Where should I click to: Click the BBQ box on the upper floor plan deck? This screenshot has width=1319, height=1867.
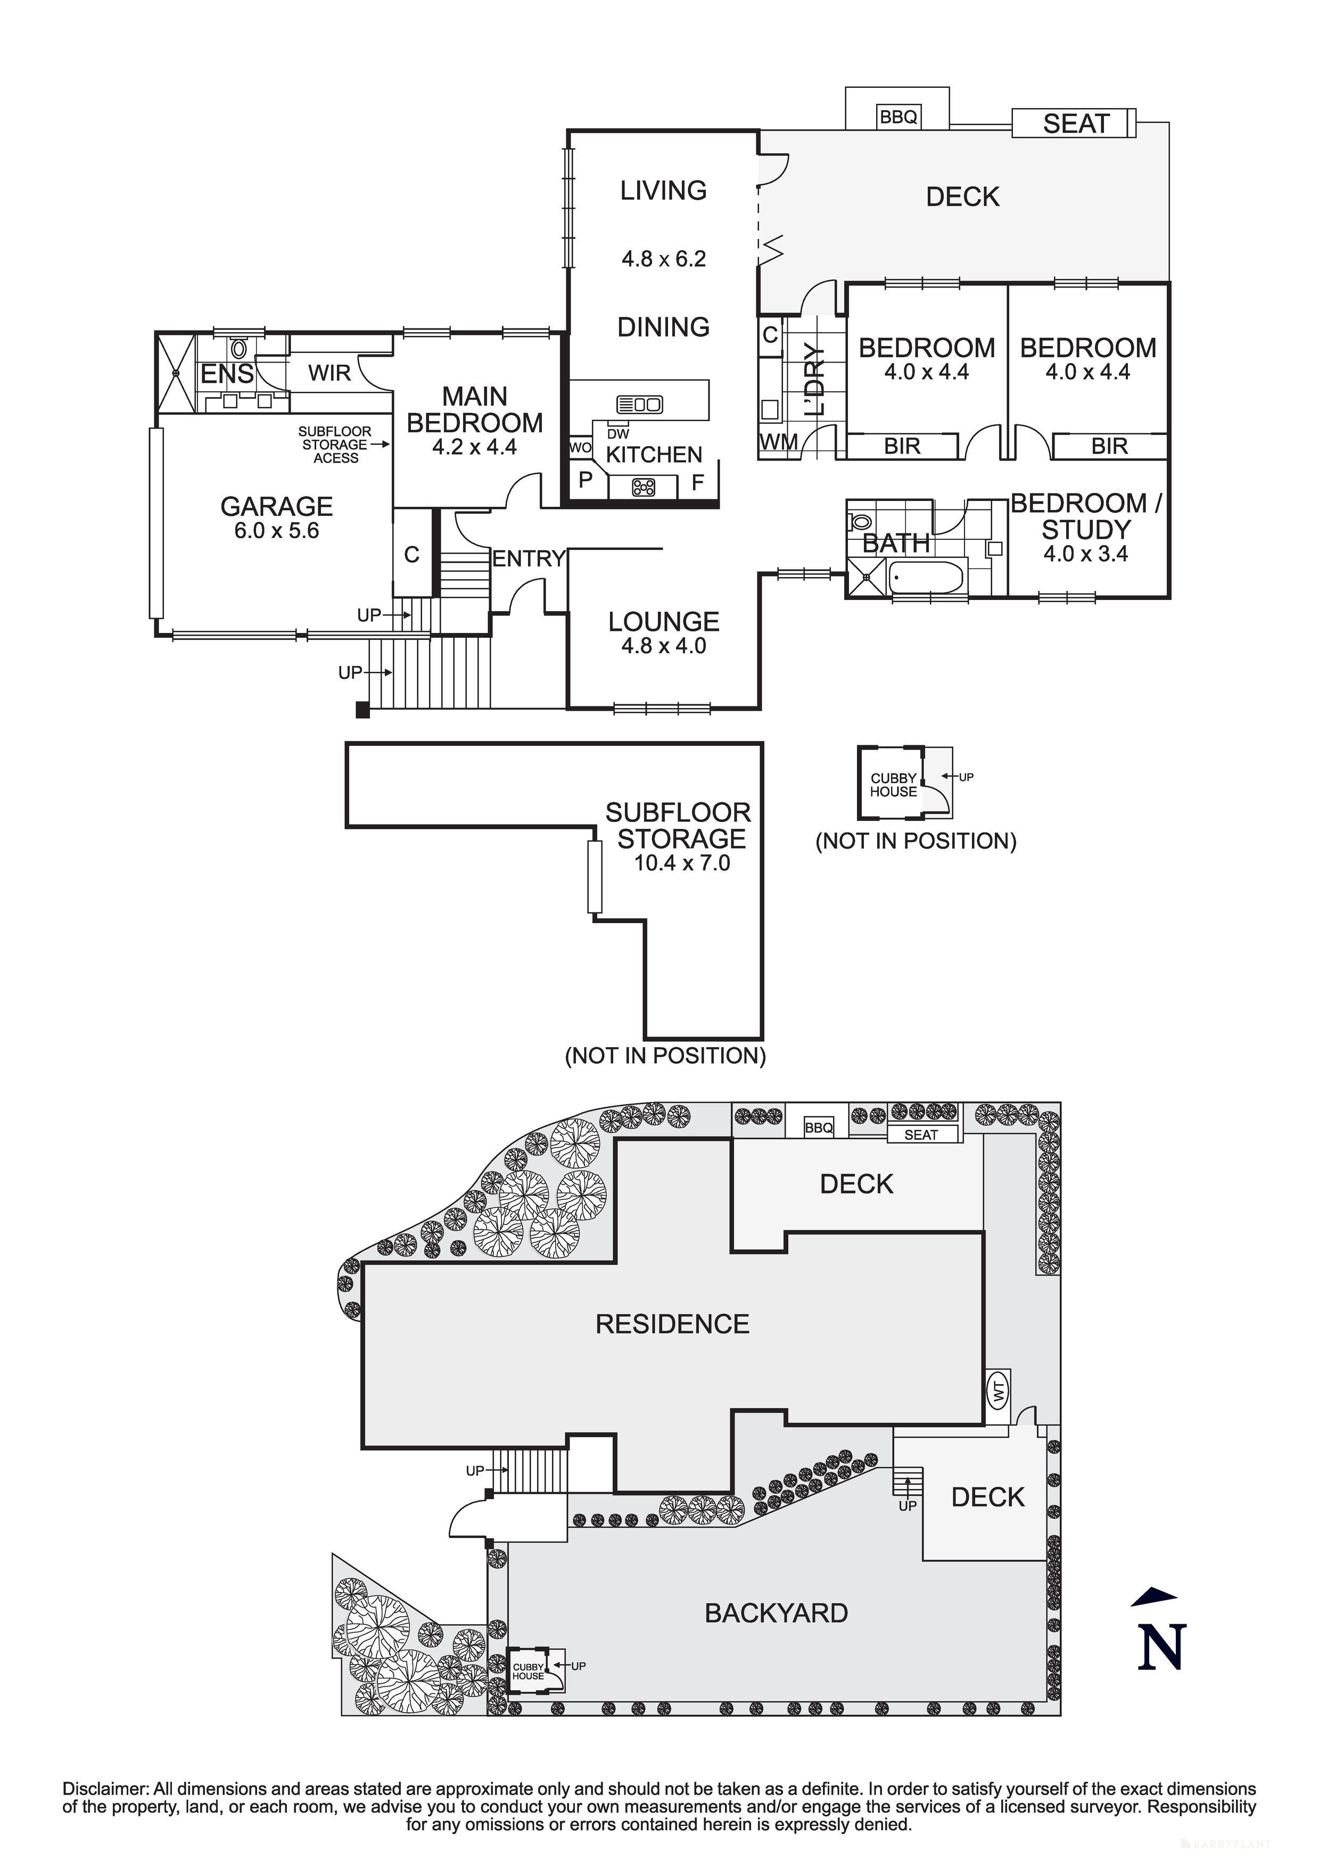pos(898,117)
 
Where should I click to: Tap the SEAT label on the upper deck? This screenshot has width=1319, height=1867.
pos(1075,124)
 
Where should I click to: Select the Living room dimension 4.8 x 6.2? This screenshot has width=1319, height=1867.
pos(664,259)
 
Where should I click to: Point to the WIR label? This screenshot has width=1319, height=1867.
pos(329,373)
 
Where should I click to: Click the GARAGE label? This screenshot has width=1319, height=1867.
pos(276,507)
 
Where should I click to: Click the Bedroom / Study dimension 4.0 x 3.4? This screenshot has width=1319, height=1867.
pos(1086,555)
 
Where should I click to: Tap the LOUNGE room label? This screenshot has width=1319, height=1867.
pos(664,622)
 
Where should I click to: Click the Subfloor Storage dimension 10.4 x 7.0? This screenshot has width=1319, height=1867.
pos(681,863)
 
